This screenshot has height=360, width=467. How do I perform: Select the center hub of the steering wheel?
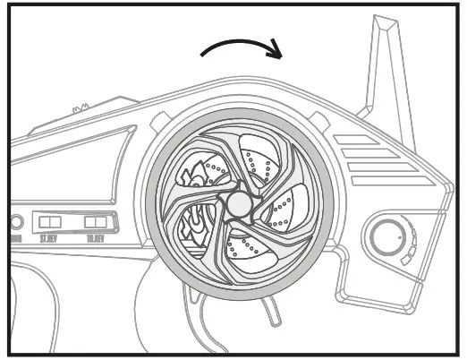(237, 204)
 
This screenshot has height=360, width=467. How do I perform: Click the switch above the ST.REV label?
(51, 220)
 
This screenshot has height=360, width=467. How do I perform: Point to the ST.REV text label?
(50, 237)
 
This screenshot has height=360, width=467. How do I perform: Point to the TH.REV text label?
(95, 237)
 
